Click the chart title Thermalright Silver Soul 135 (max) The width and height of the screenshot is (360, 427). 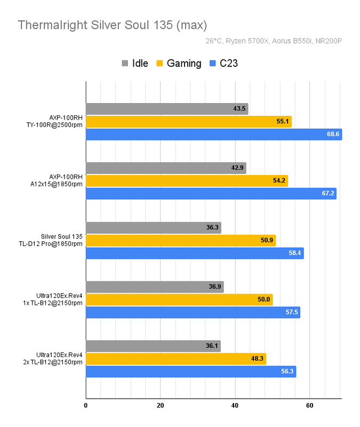pyautogui.click(x=112, y=25)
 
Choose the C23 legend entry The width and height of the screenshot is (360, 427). pyautogui.click(x=224, y=64)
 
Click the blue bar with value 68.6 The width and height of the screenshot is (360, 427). pyautogui.click(x=213, y=135)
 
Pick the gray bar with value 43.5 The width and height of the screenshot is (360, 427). pyautogui.click(x=167, y=109)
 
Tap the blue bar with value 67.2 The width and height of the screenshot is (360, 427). pyautogui.click(x=211, y=193)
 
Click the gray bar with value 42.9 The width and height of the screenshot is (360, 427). pyautogui.click(x=166, y=168)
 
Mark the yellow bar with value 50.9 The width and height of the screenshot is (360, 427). pyautogui.click(x=180, y=240)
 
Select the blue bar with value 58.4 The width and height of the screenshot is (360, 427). pyautogui.click(x=194, y=253)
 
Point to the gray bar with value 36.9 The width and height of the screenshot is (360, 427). pyautogui.click(x=155, y=287)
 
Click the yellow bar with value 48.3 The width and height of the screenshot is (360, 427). pyautogui.click(x=175, y=359)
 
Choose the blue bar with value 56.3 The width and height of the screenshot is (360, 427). pyautogui.click(x=190, y=372)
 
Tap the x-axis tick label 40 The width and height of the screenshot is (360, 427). pyautogui.click(x=235, y=406)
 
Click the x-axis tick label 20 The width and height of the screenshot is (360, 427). pyautogui.click(x=160, y=406)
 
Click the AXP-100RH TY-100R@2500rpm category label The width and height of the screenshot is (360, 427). pyautogui.click(x=60, y=122)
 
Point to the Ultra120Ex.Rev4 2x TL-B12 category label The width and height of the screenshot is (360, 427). pyautogui.click(x=59, y=358)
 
